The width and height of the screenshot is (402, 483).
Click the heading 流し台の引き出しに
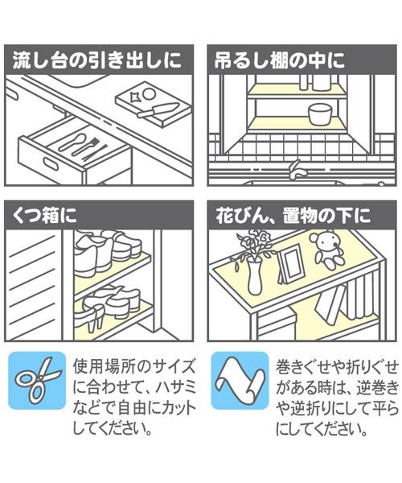100,60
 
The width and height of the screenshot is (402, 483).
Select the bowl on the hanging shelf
319,112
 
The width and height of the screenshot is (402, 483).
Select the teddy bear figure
329,252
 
